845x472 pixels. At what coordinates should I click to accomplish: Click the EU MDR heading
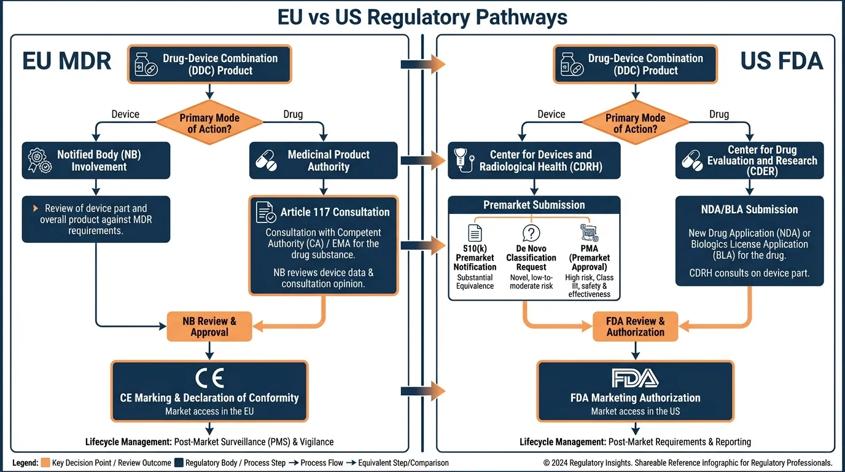click(x=67, y=61)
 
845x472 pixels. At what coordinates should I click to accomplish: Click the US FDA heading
click(x=781, y=61)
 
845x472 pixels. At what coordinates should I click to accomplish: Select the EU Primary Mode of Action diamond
click(x=209, y=123)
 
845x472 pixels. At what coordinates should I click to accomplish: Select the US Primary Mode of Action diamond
click(x=635, y=123)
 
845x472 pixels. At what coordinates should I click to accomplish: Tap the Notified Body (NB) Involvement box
click(x=96, y=160)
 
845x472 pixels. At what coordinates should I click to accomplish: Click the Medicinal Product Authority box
click(x=324, y=160)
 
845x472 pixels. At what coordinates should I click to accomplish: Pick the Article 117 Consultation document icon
click(x=266, y=212)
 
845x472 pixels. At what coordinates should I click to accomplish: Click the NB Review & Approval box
click(x=209, y=326)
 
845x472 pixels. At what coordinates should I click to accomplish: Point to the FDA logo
click(x=635, y=377)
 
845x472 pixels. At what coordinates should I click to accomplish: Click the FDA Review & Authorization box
click(x=635, y=326)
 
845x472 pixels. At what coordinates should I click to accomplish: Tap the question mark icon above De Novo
click(x=531, y=234)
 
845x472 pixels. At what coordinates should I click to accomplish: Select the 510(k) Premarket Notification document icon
click(x=475, y=234)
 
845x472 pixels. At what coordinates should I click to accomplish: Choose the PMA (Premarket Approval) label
click(x=589, y=258)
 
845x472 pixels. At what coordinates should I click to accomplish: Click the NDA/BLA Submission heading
click(x=749, y=210)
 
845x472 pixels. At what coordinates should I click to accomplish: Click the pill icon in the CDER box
click(x=692, y=160)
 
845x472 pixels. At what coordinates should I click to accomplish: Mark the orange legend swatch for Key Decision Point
click(x=45, y=463)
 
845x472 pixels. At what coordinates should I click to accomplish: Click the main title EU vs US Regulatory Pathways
click(x=422, y=17)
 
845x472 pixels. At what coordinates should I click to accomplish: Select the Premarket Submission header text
click(x=534, y=205)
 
